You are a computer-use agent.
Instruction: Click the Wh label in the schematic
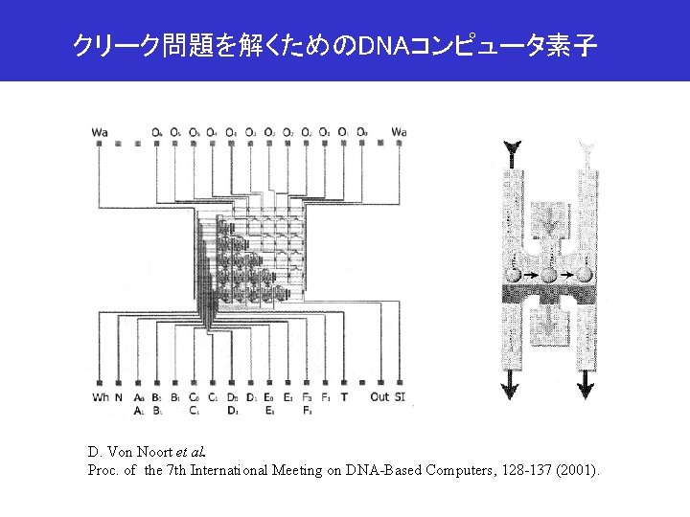pyautogui.click(x=100, y=397)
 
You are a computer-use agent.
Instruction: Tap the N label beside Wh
pyautogui.click(x=119, y=397)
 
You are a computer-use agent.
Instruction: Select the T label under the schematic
pyautogui.click(x=344, y=397)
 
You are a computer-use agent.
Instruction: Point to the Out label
pyautogui.click(x=379, y=397)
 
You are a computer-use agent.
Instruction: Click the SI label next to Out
pyautogui.click(x=400, y=397)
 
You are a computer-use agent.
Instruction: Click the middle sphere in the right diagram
pyautogui.click(x=548, y=275)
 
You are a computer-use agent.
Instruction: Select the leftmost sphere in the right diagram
pyautogui.click(x=513, y=275)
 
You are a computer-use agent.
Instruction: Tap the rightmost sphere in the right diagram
pyautogui.click(x=584, y=275)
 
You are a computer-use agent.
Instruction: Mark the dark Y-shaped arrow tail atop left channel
pyautogui.click(x=513, y=149)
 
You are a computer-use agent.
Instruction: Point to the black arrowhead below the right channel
pyautogui.click(x=585, y=390)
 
